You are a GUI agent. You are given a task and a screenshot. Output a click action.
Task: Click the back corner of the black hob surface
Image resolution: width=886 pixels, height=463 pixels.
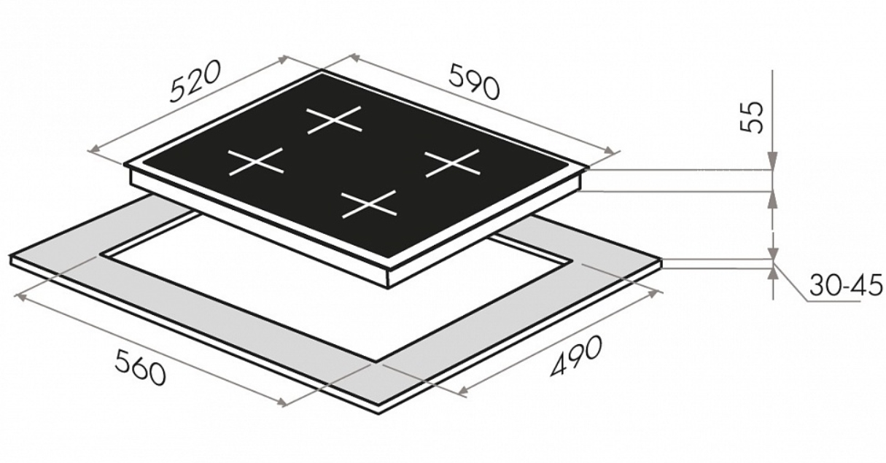[x=322, y=71]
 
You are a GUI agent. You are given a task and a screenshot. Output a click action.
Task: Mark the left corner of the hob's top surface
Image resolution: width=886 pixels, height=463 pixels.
[x=124, y=165]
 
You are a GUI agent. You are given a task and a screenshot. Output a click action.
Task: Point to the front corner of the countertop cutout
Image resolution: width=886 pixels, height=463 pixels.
[x=376, y=361]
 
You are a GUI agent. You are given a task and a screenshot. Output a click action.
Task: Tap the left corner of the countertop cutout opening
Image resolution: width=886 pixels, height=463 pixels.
[x=100, y=254]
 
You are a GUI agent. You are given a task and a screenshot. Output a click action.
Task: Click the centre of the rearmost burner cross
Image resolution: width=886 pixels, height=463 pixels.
[x=335, y=120]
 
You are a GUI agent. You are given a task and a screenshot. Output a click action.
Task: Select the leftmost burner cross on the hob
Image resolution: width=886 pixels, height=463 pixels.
[x=256, y=162]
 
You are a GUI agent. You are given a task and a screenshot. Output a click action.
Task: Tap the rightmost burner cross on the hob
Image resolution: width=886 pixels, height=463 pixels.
[x=453, y=163]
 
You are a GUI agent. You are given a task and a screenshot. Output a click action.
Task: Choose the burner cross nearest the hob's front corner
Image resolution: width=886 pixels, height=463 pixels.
[x=370, y=204]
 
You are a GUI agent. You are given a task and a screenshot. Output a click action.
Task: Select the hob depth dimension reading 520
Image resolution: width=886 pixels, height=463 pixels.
[x=194, y=82]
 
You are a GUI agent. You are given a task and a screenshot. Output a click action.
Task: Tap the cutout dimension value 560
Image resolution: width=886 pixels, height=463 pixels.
[x=141, y=367]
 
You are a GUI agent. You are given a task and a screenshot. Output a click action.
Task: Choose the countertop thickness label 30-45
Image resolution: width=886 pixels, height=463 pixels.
[x=845, y=284]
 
